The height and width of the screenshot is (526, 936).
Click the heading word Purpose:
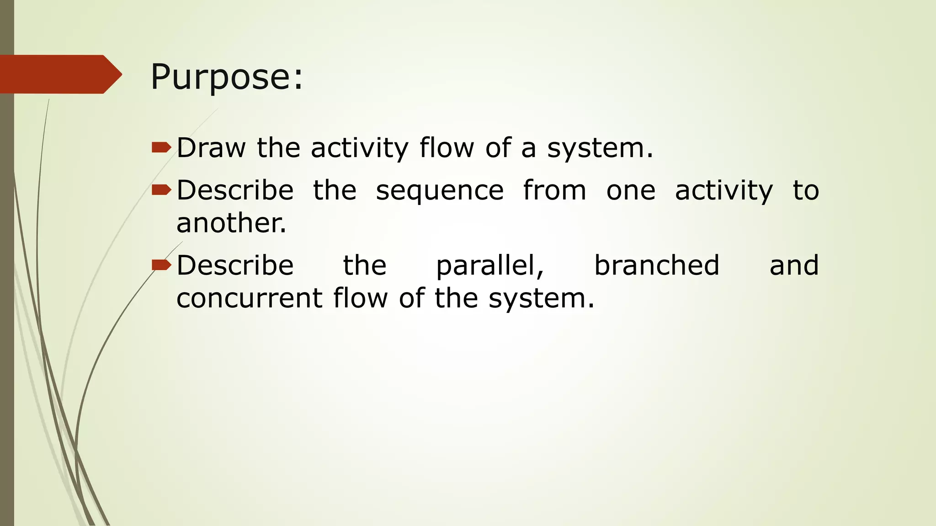pos(226,77)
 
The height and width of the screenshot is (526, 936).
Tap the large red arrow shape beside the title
pos(59,74)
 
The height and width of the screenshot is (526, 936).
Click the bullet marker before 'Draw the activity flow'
pos(161,147)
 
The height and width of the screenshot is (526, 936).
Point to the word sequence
pos(440,190)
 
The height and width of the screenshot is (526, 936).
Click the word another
pos(231,223)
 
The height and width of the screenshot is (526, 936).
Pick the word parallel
pos(490,265)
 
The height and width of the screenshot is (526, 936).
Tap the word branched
pos(657,265)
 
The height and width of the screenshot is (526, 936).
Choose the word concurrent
pos(250,298)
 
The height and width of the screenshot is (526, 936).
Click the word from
pos(554,190)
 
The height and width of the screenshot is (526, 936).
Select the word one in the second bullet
pos(631,190)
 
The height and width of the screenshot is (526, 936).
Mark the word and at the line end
pos(794,265)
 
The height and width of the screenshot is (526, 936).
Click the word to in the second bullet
pos(806,190)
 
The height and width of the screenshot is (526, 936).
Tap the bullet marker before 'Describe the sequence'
pos(161,189)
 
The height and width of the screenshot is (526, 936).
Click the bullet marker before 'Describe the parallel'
pos(161,264)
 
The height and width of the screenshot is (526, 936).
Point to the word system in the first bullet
pos(600,148)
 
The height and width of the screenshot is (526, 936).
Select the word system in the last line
pos(542,298)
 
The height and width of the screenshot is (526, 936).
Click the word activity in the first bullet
pos(359,148)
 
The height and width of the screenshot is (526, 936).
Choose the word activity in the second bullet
pos(724,190)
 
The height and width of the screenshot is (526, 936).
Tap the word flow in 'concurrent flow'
pos(360,298)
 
